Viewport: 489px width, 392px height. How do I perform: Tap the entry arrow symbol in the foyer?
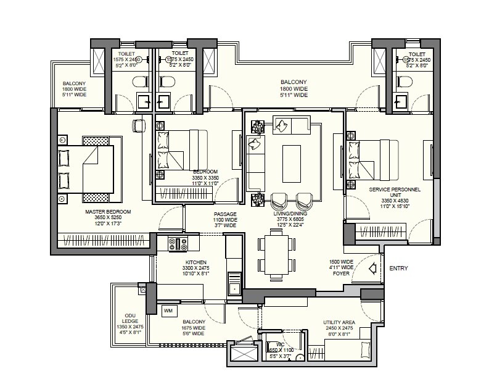(372, 269)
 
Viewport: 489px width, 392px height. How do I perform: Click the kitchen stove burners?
(179, 244)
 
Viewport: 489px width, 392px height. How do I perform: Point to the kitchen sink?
(233, 286)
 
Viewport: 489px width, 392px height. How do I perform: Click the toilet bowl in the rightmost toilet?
(405, 82)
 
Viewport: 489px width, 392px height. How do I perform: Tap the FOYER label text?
(341, 273)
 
